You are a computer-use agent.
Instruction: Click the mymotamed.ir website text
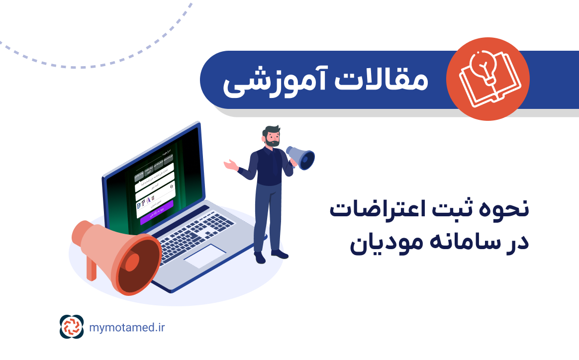coord(127,327)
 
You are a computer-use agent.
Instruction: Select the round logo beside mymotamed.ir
coord(72,327)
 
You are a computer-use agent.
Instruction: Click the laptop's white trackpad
coord(204,256)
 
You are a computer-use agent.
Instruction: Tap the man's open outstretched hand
coord(229,165)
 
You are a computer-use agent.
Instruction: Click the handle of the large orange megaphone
coord(92,269)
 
